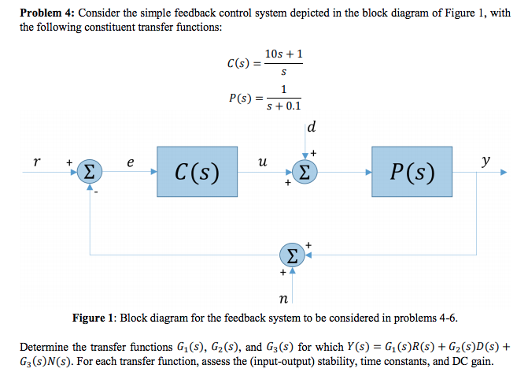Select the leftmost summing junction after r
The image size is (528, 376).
(91, 171)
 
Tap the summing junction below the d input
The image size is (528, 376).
(304, 171)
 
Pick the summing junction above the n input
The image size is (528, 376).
(292, 254)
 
